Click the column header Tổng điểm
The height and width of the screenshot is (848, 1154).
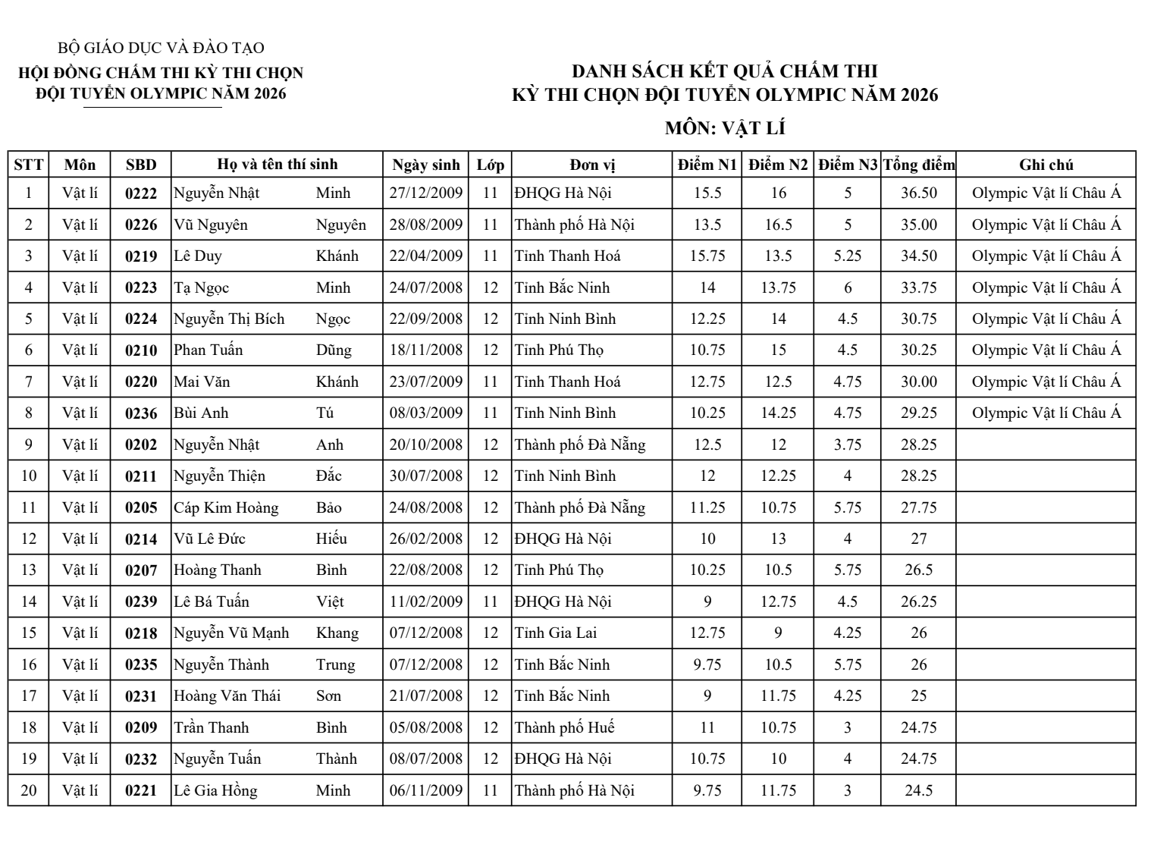(x=918, y=165)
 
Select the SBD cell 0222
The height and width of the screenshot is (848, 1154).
(x=141, y=193)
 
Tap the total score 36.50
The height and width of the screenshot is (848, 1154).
(x=918, y=193)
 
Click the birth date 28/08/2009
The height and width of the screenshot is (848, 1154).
(x=425, y=225)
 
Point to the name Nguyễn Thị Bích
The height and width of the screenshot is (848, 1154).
(x=229, y=319)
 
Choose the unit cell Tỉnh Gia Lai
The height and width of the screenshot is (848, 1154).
(x=555, y=633)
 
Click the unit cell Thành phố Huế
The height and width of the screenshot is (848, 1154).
(x=564, y=727)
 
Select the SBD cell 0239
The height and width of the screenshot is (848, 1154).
(x=141, y=601)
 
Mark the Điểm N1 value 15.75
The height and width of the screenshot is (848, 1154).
(x=707, y=256)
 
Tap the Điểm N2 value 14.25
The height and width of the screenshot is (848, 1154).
(x=778, y=413)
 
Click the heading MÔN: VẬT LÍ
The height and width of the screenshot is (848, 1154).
(x=724, y=128)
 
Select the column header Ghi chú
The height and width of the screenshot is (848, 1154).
(x=1046, y=165)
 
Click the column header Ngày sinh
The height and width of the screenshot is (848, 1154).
(x=425, y=165)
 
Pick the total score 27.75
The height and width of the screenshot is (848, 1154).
(x=918, y=507)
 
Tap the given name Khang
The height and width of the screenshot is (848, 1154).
(x=337, y=633)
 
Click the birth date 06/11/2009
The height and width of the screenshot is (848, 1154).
(x=425, y=790)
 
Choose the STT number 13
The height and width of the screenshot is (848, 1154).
(x=29, y=570)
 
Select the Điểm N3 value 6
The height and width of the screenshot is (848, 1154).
(x=847, y=287)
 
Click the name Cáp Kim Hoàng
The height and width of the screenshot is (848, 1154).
(x=226, y=507)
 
